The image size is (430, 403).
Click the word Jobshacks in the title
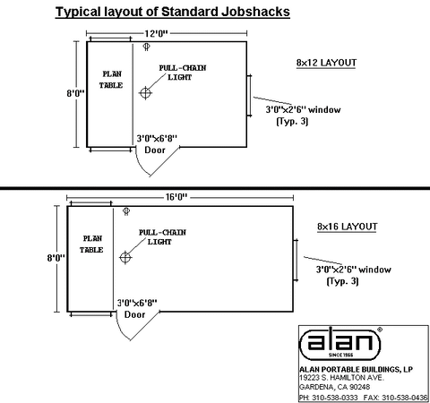tap(255, 12)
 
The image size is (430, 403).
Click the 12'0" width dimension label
tap(157, 33)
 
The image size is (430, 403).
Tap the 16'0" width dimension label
tap(176, 197)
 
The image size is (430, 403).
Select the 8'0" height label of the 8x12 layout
tap(75, 93)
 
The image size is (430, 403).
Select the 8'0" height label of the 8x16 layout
tap(56, 258)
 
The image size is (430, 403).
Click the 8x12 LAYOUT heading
tap(326, 63)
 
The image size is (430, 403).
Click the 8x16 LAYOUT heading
tap(348, 227)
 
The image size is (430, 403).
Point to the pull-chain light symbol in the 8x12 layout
tap(145, 93)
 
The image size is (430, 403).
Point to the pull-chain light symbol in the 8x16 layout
tap(125, 257)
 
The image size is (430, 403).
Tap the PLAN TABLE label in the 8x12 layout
tap(111, 80)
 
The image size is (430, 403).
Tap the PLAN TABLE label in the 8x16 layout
tap(91, 244)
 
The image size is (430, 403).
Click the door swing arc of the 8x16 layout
tap(120, 330)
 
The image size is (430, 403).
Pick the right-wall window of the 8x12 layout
tap(250, 96)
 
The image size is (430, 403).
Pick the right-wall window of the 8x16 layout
tap(296, 260)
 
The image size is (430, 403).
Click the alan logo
tap(340, 343)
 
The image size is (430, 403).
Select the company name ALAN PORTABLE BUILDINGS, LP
tap(357, 370)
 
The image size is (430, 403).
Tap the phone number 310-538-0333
tap(335, 398)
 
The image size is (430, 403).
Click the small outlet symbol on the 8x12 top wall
tap(146, 47)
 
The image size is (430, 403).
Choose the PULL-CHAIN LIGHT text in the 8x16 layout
tap(162, 237)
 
